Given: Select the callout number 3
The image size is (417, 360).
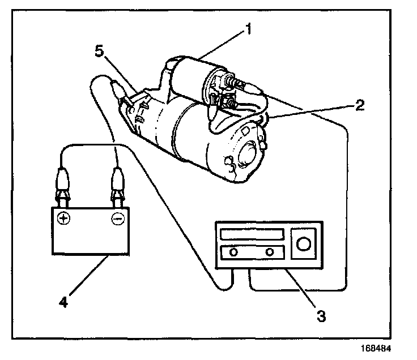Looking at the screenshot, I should (321, 316).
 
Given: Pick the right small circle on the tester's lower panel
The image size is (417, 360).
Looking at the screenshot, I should (270, 251).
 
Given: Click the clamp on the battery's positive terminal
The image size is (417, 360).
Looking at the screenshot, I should (63, 190).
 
